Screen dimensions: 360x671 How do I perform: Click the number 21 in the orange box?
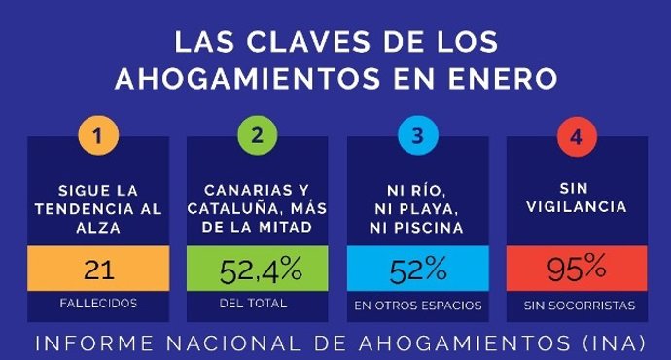point(97,268)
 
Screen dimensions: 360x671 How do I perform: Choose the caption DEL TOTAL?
point(254,304)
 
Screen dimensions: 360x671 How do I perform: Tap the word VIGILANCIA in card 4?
point(577,207)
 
